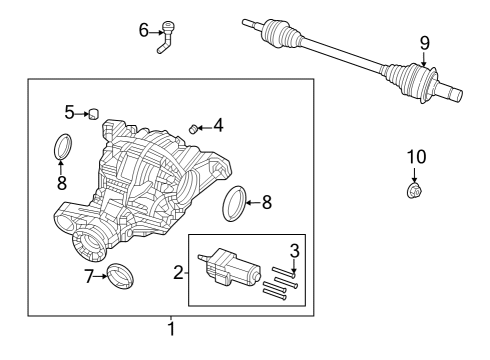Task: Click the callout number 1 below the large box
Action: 171,329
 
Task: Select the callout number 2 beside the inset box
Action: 179,271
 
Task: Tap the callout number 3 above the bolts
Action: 295,250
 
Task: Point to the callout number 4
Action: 218,126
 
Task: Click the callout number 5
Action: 70,111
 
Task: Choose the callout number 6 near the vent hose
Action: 143,30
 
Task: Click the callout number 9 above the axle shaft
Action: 424,42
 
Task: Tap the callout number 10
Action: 415,156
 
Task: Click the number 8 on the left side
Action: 62,183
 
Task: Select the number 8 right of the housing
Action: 267,202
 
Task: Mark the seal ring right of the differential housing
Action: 234,203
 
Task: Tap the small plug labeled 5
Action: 93,113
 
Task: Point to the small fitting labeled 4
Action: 195,127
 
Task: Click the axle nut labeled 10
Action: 414,189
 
